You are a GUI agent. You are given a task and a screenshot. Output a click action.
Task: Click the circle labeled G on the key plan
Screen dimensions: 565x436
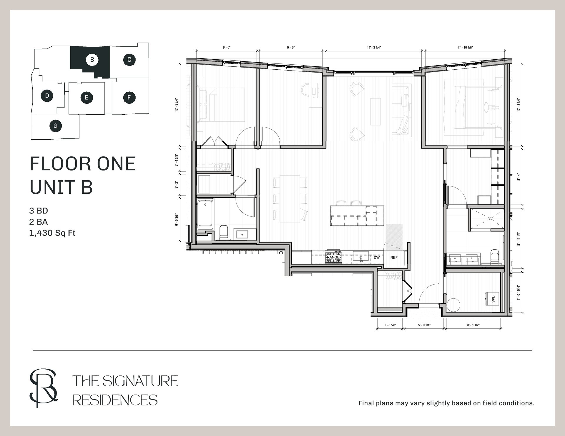coord(56,126)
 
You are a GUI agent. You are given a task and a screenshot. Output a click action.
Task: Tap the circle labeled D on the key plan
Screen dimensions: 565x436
coord(47,96)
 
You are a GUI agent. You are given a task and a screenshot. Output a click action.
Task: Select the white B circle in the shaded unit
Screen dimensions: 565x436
coord(92,60)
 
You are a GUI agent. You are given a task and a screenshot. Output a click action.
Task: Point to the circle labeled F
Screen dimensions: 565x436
coord(129,97)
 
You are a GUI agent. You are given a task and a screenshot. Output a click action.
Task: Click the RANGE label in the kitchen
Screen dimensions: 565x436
coord(333,257)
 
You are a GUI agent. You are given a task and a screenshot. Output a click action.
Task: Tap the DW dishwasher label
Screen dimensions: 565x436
coord(377,258)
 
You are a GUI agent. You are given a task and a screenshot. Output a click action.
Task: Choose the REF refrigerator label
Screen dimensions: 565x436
coord(394,258)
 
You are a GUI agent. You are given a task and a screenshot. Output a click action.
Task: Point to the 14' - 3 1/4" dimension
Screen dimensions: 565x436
coord(374,47)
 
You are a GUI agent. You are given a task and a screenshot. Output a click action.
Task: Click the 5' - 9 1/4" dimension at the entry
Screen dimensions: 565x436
coord(424,325)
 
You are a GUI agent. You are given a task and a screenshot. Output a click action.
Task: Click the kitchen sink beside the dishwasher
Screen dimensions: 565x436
coord(361,257)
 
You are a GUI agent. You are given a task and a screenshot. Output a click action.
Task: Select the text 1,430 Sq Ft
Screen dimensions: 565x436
coord(52,233)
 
